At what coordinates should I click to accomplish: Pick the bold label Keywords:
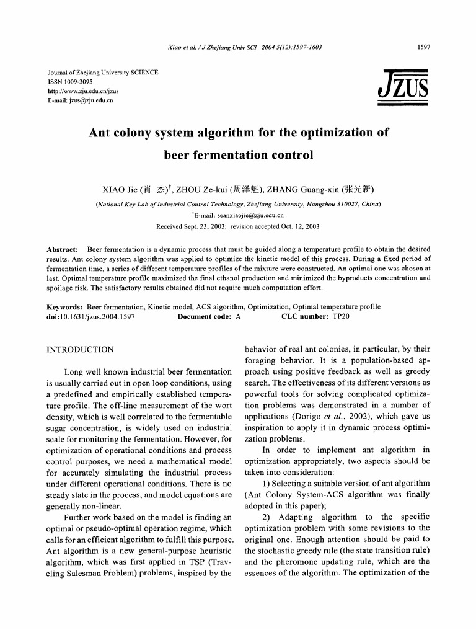65,307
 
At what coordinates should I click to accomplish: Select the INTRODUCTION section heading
81,350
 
